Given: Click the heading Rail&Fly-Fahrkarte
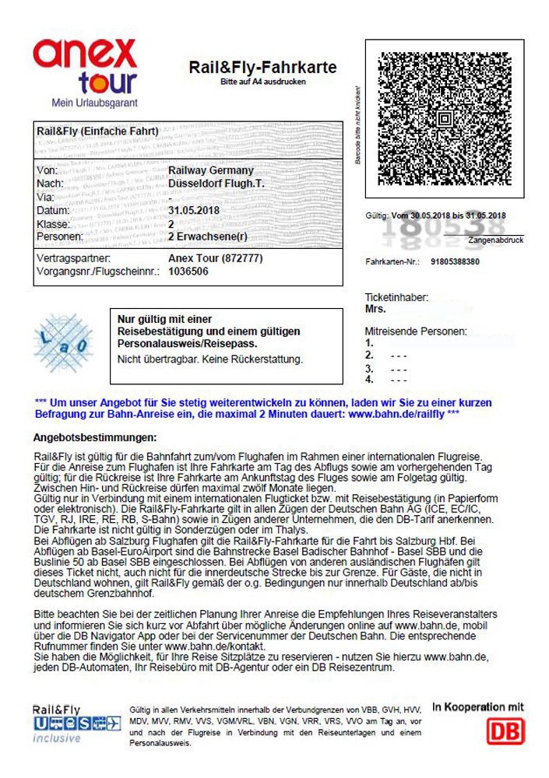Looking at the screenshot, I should click(x=262, y=68).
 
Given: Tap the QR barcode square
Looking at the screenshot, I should click(x=441, y=119).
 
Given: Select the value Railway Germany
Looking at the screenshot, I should click(x=210, y=170).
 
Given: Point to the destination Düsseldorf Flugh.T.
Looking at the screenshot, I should click(x=217, y=184).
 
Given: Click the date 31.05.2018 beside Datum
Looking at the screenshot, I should click(x=194, y=211).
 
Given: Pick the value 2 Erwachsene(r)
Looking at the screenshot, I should click(x=207, y=237).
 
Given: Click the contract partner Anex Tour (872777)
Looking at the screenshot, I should click(x=216, y=258).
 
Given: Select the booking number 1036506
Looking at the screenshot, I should click(x=188, y=272).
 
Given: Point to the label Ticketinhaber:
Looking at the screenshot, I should click(x=396, y=298).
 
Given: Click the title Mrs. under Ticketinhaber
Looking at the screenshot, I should click(x=375, y=310).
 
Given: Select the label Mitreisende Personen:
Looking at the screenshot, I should click(x=416, y=331).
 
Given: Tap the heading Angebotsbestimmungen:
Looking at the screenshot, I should click(x=95, y=438).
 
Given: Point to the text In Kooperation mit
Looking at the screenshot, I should click(x=478, y=707).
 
